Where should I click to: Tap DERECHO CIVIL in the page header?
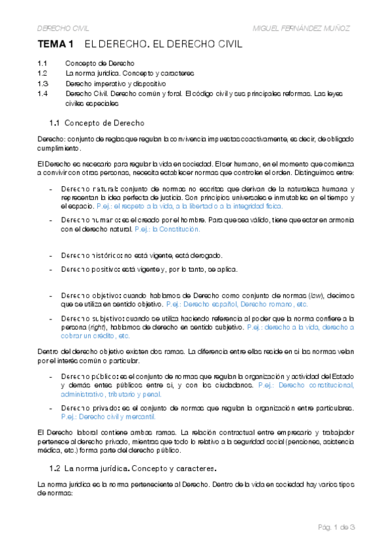point(63,29)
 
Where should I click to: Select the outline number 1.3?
point(42,84)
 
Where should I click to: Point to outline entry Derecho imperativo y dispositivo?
point(116,84)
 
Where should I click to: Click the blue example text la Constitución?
point(176,229)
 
